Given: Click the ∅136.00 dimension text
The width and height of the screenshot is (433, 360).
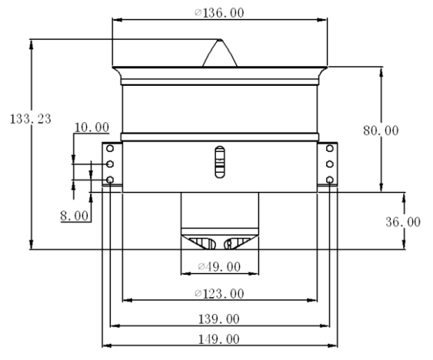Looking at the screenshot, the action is tap(219, 13).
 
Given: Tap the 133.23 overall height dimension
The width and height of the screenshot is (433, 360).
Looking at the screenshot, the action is tap(30, 119).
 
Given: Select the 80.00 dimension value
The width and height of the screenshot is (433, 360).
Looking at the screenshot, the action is tap(381, 130).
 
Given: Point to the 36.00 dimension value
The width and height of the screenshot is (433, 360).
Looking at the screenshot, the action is tap(403, 222).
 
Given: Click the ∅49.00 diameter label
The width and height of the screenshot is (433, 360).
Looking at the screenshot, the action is tap(219, 267).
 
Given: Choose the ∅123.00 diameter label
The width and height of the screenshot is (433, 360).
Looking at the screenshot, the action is tap(219, 294).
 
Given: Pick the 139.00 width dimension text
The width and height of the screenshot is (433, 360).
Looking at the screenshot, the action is tap(219, 319).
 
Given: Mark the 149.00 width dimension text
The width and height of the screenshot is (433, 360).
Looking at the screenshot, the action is tap(219, 339).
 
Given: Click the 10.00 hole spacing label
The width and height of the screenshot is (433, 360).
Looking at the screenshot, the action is tap(91, 128).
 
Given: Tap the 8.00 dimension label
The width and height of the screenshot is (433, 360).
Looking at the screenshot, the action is tap(75, 216).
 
